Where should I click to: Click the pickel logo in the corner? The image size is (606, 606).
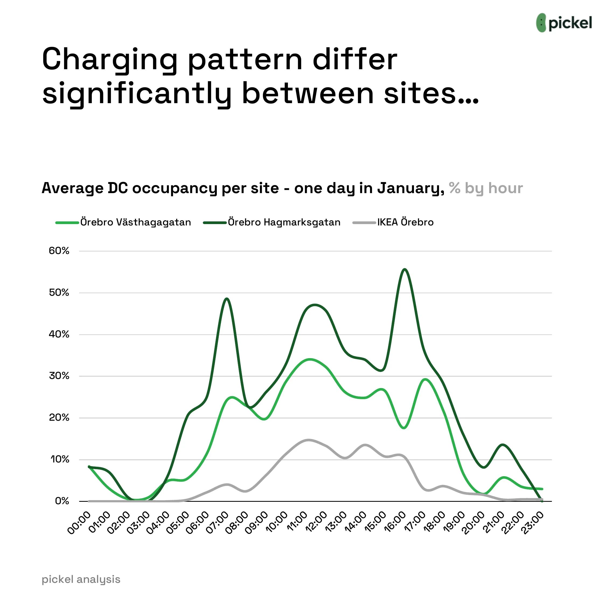point(564,23)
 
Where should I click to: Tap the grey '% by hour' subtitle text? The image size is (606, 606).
point(486,189)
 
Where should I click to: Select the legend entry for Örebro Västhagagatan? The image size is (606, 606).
point(124,222)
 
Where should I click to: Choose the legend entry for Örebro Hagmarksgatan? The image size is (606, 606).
point(272,222)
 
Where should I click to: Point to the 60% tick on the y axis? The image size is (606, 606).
point(59,251)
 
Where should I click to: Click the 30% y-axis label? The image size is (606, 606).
point(59,376)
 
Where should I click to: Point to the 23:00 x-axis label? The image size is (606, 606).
point(532,522)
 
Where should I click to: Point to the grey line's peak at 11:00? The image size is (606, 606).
point(309,440)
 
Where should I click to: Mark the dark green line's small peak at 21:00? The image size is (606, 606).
point(503,445)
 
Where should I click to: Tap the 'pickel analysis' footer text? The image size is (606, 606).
point(81,579)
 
